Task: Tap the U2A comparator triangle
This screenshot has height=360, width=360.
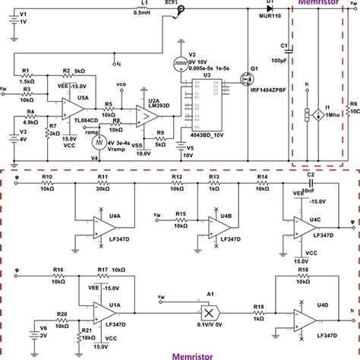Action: pos(141,115)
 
